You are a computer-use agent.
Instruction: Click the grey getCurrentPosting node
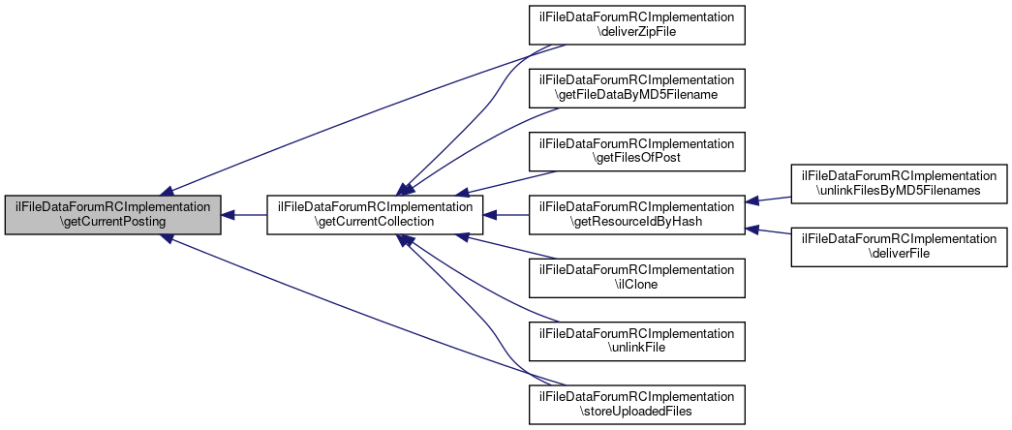coord(112,214)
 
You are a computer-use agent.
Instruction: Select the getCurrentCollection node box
coord(375,214)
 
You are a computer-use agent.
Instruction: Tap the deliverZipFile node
coord(636,24)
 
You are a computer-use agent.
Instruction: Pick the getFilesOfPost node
coord(636,151)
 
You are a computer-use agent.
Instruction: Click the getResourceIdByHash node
coord(636,214)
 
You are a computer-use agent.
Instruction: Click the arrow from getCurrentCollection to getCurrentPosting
coord(244,214)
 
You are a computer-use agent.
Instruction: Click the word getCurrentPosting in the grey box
coord(112,222)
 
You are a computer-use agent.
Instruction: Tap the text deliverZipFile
coord(636,32)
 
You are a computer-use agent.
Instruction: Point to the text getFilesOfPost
coord(636,159)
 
